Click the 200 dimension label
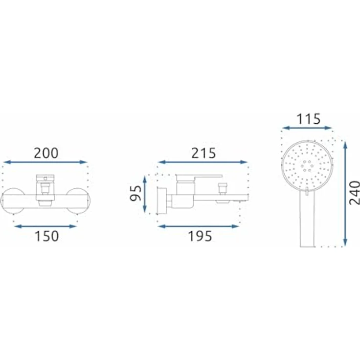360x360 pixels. pyautogui.click(x=46, y=153)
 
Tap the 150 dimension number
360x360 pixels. pyautogui.click(x=47, y=236)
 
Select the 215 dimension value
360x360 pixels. pyautogui.click(x=203, y=153)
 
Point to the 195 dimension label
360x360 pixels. pyautogui.click(x=200, y=236)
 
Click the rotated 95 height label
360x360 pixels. pyautogui.click(x=135, y=193)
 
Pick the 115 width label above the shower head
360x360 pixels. pyautogui.click(x=308, y=119)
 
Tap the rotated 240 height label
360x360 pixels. pyautogui.click(x=354, y=193)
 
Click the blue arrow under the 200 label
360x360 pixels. pyautogui.click(x=45, y=162)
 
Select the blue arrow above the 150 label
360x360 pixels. pyautogui.click(x=45, y=226)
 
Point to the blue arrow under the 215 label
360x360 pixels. pyautogui.click(x=202, y=162)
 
